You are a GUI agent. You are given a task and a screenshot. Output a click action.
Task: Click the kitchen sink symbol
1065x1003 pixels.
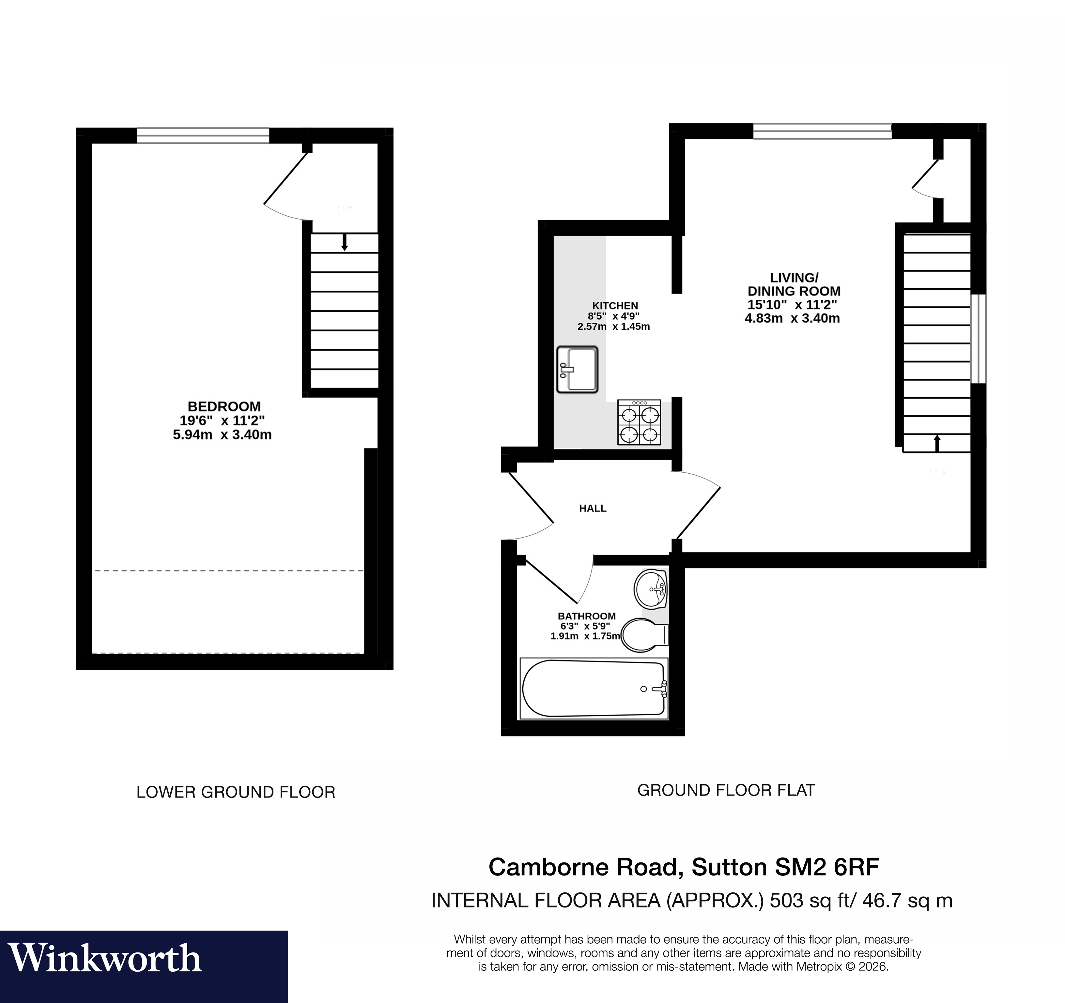pyautogui.click(x=577, y=370)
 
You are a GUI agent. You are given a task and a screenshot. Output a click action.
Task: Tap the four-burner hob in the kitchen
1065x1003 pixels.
pyautogui.click(x=639, y=422)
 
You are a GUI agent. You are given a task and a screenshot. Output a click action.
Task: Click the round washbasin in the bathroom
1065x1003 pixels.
pyautogui.click(x=650, y=589)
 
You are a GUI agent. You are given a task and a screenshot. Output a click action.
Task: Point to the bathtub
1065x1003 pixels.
pyautogui.click(x=594, y=689)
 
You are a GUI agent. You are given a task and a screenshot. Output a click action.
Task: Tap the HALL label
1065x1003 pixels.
pyautogui.click(x=593, y=508)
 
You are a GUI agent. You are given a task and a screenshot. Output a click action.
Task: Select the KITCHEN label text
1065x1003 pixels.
pyautogui.click(x=615, y=306)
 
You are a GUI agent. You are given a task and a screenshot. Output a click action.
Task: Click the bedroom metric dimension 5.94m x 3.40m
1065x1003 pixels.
pyautogui.click(x=222, y=435)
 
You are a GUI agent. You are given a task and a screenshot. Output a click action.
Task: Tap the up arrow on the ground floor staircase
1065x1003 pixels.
pyautogui.click(x=937, y=443)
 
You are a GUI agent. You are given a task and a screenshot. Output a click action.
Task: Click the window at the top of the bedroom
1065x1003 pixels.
pyautogui.click(x=203, y=135)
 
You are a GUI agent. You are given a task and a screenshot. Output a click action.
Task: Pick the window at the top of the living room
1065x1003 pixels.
pyautogui.click(x=822, y=131)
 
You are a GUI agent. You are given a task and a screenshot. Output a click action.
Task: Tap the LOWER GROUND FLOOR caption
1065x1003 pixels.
pyautogui.click(x=236, y=792)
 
